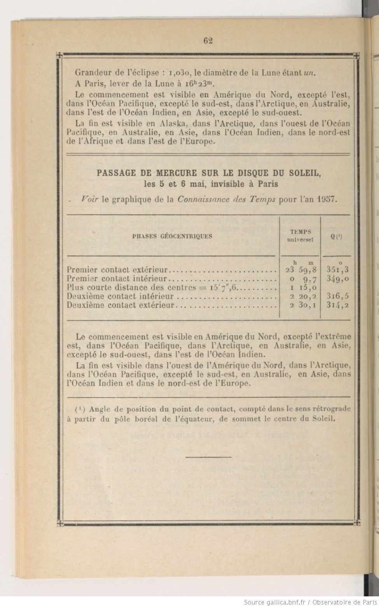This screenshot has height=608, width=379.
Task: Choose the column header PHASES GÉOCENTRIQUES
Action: pos(172,236)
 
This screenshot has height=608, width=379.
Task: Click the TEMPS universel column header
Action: pos(300,236)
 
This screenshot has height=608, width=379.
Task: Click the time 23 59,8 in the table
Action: pos(299,270)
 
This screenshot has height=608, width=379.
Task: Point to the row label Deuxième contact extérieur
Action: pos(121,305)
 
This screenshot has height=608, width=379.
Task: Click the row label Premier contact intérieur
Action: pos(117,279)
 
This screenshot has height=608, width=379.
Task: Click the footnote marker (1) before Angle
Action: pos(80,409)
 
